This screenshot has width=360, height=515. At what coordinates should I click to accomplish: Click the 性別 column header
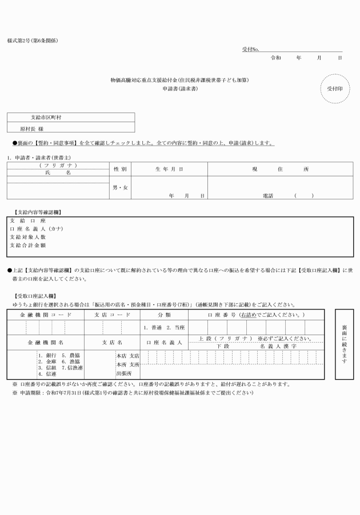coord(120,169)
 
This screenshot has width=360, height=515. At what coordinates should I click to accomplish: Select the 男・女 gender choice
coord(120,187)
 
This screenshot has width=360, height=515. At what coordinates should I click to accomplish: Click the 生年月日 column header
coord(169,169)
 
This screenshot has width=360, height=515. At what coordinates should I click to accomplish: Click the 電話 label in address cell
coord(267,196)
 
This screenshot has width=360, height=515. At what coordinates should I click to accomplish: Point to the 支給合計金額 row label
coord(28,245)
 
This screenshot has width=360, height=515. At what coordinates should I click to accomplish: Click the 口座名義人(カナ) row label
coord(37,228)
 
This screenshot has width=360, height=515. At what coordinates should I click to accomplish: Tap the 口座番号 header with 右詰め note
coord(255,315)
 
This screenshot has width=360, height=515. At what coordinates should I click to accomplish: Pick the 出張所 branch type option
coord(125,373)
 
